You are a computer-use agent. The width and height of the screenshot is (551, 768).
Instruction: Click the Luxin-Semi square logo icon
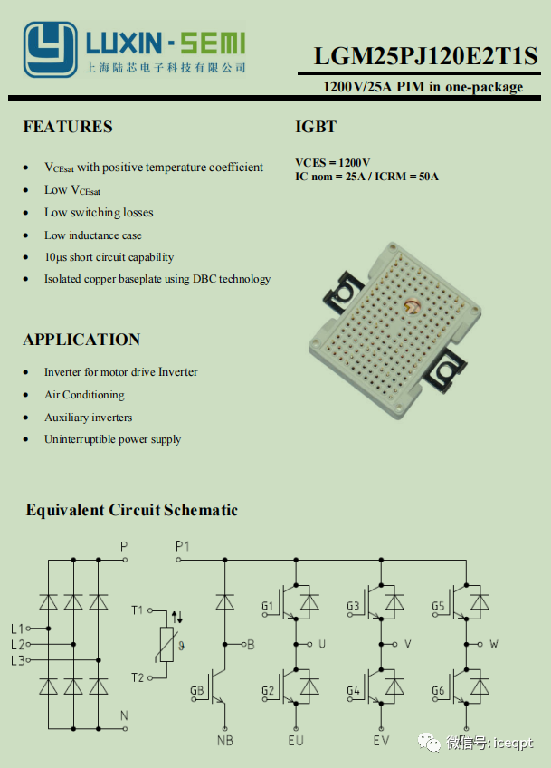[x=49, y=49]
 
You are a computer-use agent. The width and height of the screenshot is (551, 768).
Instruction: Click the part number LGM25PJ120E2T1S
[x=425, y=57]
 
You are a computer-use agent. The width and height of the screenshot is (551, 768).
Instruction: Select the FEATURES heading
[x=68, y=127]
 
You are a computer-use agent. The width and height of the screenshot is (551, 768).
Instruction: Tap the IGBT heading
[x=316, y=127]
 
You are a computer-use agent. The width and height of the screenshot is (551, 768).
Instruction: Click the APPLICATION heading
[x=81, y=340]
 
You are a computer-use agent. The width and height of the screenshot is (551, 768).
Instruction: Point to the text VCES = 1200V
[x=332, y=162]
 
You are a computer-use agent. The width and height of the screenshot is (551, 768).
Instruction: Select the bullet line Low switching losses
[x=99, y=213]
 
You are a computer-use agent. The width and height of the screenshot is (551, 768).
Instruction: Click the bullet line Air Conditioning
[x=84, y=395]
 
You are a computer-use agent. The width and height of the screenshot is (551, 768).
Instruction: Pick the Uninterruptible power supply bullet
[x=112, y=439]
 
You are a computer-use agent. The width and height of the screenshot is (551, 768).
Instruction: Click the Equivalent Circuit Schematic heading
[x=131, y=510]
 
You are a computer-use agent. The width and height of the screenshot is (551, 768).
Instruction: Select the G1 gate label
[x=267, y=606]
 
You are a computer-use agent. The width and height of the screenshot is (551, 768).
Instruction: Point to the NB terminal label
[x=224, y=741]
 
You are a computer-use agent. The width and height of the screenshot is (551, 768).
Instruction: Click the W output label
[x=493, y=644]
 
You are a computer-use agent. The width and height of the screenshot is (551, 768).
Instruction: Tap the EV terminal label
[x=381, y=741]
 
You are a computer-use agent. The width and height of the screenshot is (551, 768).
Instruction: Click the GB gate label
[x=196, y=691]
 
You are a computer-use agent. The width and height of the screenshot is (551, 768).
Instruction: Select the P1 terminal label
[x=183, y=546]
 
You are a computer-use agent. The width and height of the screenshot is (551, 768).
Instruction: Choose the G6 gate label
[x=439, y=691]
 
